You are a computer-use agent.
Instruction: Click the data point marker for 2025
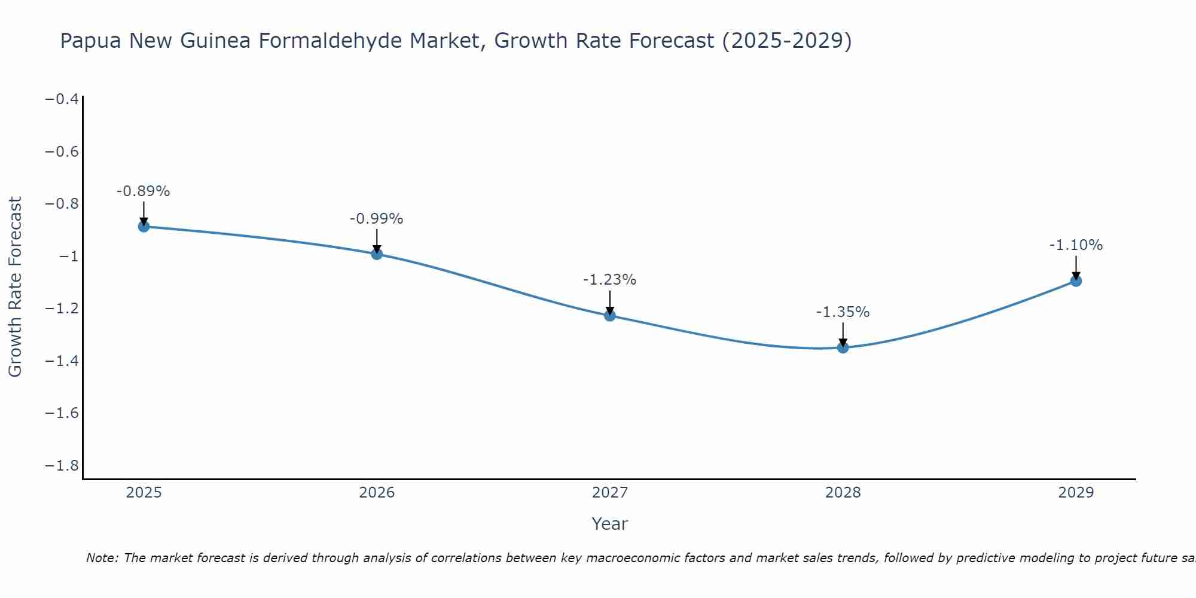(x=144, y=227)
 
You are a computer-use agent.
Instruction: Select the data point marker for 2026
(x=377, y=254)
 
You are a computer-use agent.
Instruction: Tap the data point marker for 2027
(x=610, y=316)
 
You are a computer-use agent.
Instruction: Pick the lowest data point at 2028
(x=843, y=347)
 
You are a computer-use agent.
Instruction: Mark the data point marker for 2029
(x=1076, y=281)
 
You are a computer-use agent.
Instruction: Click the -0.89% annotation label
(x=144, y=191)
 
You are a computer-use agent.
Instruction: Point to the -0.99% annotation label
(x=377, y=219)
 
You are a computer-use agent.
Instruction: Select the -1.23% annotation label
(x=610, y=280)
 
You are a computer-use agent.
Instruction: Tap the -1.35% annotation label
(x=843, y=312)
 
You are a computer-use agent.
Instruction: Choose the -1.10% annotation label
(x=1076, y=245)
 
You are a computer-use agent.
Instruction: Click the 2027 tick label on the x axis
(x=610, y=493)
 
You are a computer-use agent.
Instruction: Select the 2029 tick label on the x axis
(x=1076, y=493)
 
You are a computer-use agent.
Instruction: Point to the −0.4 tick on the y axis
(x=62, y=99)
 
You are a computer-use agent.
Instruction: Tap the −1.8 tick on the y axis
(x=62, y=466)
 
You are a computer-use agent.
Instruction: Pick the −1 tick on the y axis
(x=69, y=257)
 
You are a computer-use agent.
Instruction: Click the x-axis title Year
(x=610, y=524)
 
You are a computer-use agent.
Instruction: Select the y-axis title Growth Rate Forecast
(x=15, y=286)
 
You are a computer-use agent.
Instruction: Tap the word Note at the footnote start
(x=102, y=558)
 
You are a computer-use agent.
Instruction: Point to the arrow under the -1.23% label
(x=610, y=303)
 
